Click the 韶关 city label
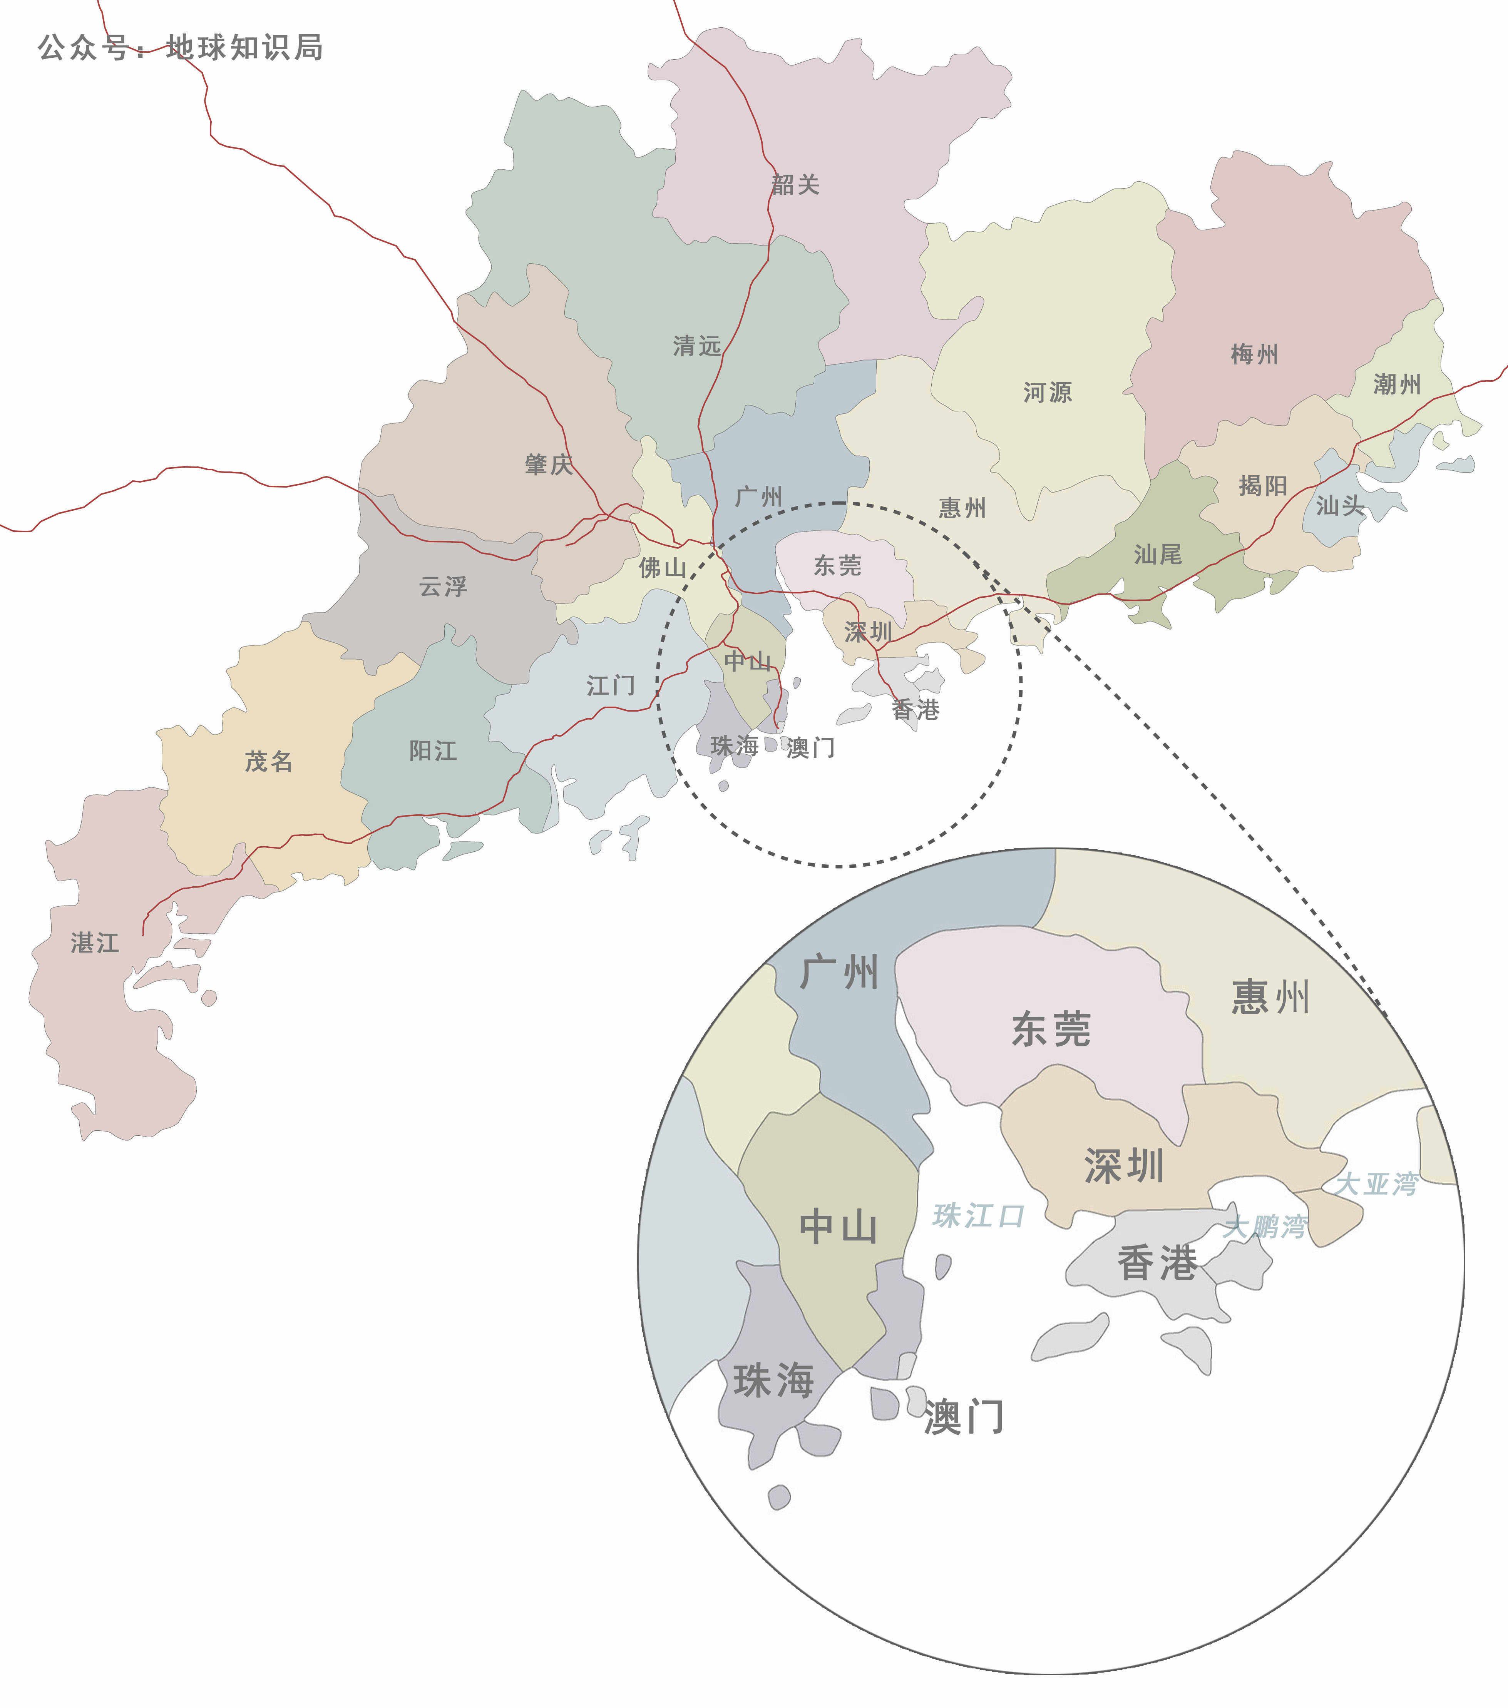pos(795,185)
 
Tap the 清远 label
pos(696,346)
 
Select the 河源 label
pos(1048,392)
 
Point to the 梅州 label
pos(1254,354)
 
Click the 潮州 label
pos(1397,384)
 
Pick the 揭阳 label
pos(1262,485)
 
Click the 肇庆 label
pos(548,465)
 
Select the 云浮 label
pos(443,587)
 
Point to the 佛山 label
pos(662,568)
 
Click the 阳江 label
pos(433,750)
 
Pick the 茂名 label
pos(268,761)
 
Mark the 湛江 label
pos(94,943)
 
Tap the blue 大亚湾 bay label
pos(1376,1184)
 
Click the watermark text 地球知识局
pos(244,48)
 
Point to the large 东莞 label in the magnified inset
pos(1051,1029)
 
